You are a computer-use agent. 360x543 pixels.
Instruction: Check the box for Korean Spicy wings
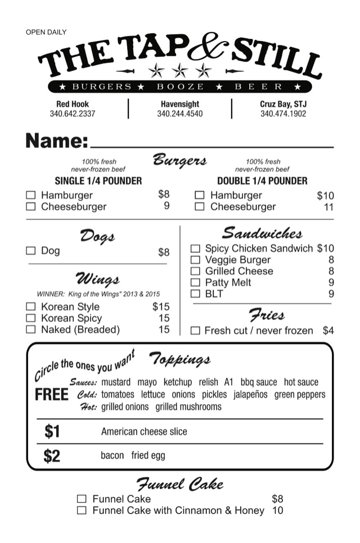[31, 318]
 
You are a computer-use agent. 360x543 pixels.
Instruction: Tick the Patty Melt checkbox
[195, 282]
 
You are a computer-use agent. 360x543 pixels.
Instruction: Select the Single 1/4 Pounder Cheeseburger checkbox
[31, 206]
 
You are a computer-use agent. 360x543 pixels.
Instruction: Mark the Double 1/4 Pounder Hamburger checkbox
[199, 195]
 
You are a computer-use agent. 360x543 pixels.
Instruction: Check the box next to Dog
[31, 251]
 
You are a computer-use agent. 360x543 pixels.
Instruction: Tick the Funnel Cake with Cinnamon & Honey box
[82, 510]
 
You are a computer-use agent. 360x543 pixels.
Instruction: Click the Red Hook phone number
[73, 114]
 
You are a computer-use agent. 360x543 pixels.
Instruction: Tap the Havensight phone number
[180, 114]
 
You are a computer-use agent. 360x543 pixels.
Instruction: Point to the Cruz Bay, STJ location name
[283, 104]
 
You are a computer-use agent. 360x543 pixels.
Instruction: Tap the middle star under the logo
[180, 70]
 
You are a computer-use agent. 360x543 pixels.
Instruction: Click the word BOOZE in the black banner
[180, 87]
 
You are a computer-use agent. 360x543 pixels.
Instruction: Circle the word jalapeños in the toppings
[250, 394]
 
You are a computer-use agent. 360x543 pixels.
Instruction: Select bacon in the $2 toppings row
[112, 455]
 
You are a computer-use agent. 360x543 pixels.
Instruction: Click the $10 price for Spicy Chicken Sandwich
[325, 248]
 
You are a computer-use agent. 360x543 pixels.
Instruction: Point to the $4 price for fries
[328, 331]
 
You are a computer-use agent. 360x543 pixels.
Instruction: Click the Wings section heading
[97, 279]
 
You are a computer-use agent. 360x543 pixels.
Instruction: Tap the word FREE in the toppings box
[52, 395]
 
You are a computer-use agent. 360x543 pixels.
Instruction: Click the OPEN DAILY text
[46, 32]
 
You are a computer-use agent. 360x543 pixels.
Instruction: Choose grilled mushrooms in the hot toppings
[188, 406]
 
